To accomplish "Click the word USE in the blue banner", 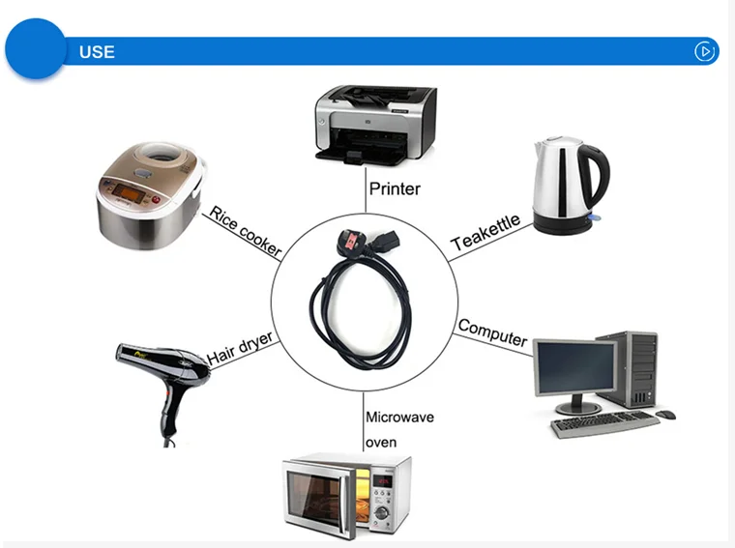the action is click(x=97, y=52).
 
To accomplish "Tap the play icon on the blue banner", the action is click(x=704, y=51).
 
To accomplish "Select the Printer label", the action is click(x=395, y=188).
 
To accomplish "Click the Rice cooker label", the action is click(x=245, y=231).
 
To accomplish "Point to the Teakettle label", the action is click(x=485, y=232).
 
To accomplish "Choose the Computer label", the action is click(x=492, y=332).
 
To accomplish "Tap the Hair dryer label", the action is click(x=240, y=348).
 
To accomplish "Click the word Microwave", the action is click(x=399, y=417).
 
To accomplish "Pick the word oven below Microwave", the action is click(x=381, y=443).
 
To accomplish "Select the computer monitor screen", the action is click(x=575, y=367).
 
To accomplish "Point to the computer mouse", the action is click(x=665, y=415).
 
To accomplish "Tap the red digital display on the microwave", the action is click(x=383, y=480).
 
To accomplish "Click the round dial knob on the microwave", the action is click(x=382, y=512).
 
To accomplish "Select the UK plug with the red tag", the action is click(x=351, y=243).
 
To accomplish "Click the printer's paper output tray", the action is click(x=361, y=157).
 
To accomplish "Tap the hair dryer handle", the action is click(x=168, y=412).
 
